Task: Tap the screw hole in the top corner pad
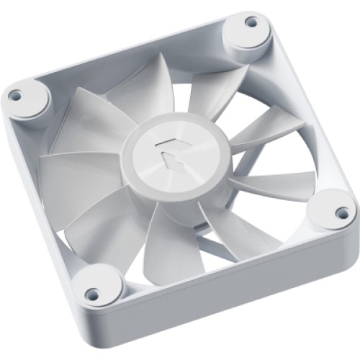coord(251,22)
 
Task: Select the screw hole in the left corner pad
coord(14,94)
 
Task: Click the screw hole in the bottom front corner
coord(92,294)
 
